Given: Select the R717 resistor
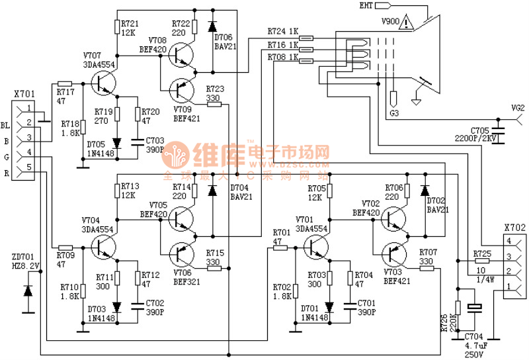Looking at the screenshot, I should point(65,83).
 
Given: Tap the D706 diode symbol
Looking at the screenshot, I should point(212,26).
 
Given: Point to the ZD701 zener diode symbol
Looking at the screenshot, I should point(28,290).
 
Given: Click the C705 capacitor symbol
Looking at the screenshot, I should point(500,132).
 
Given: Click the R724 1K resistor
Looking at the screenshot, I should point(306,38).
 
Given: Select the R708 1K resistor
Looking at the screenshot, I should point(306,60).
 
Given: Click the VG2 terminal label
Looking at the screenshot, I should point(518,107).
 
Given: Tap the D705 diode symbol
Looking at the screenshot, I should point(117,142).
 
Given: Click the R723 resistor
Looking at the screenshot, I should point(214,104).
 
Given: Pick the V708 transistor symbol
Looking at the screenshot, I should point(179,54).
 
